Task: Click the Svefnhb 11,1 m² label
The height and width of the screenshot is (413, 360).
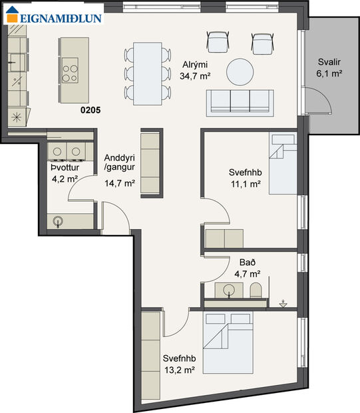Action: click(x=244, y=177)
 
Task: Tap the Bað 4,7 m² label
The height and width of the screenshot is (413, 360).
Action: click(x=247, y=267)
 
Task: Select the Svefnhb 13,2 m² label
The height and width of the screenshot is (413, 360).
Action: click(x=179, y=364)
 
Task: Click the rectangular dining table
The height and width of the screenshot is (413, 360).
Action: click(x=147, y=73)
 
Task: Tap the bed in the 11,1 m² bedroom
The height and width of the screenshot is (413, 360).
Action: click(x=281, y=163)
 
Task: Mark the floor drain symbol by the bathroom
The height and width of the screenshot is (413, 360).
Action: click(x=284, y=304)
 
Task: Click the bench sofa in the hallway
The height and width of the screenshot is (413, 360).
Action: click(x=150, y=162)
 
